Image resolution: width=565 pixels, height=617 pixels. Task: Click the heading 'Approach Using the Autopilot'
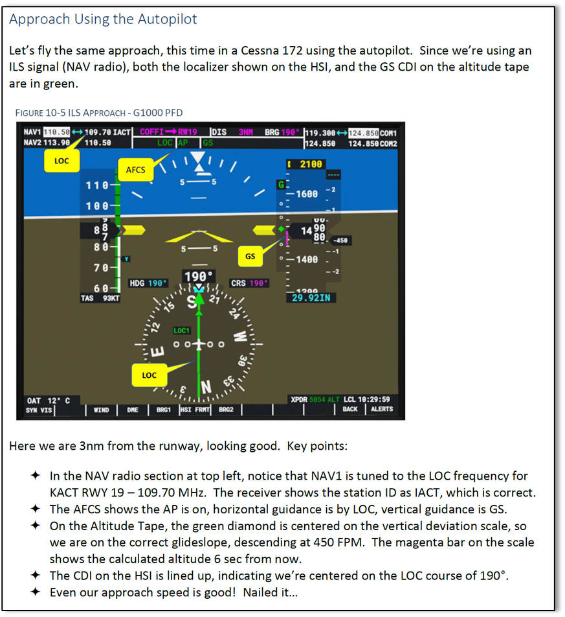point(103,19)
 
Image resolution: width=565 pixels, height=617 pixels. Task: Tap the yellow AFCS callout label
point(135,171)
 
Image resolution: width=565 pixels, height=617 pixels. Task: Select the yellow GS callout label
point(250,256)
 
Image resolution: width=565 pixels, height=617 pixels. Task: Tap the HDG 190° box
point(148,283)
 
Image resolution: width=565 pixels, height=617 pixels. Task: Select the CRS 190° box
point(249,283)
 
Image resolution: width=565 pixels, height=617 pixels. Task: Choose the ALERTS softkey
point(381,410)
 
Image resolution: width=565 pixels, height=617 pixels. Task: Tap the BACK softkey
point(349,410)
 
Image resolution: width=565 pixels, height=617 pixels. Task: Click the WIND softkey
point(101,410)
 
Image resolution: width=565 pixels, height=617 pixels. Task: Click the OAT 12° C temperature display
point(49,400)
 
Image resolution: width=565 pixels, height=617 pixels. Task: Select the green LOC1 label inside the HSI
point(181,331)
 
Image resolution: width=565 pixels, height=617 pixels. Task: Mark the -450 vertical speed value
point(341,240)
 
